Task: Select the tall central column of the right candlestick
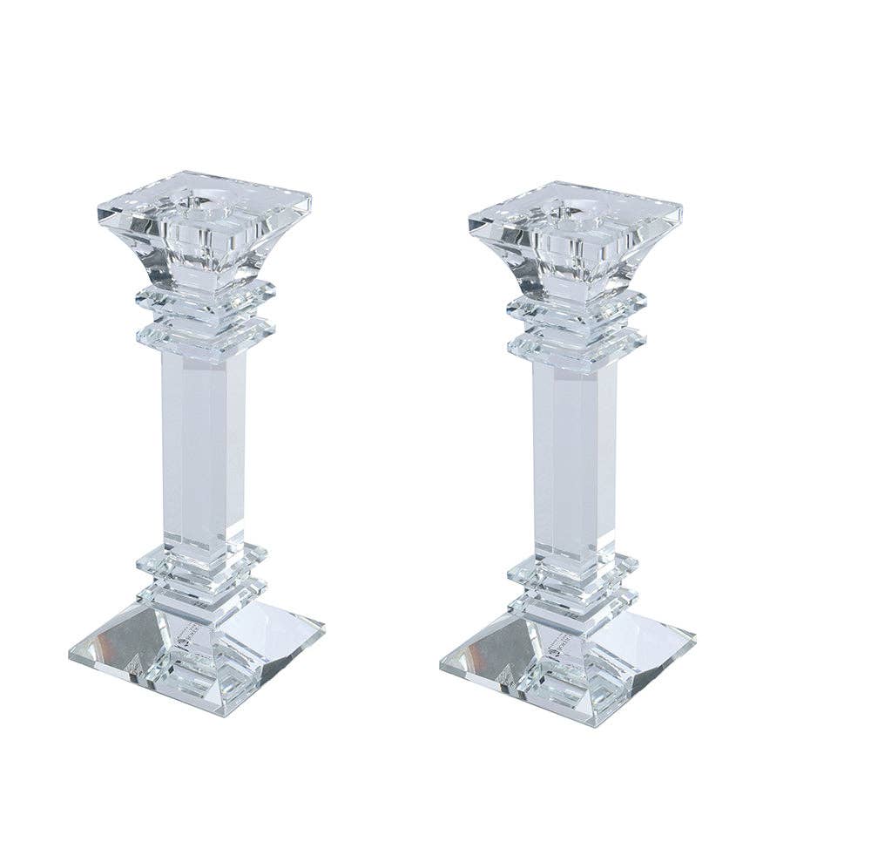point(576,458)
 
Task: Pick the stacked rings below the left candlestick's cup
point(206,318)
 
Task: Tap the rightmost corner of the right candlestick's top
point(682,209)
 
